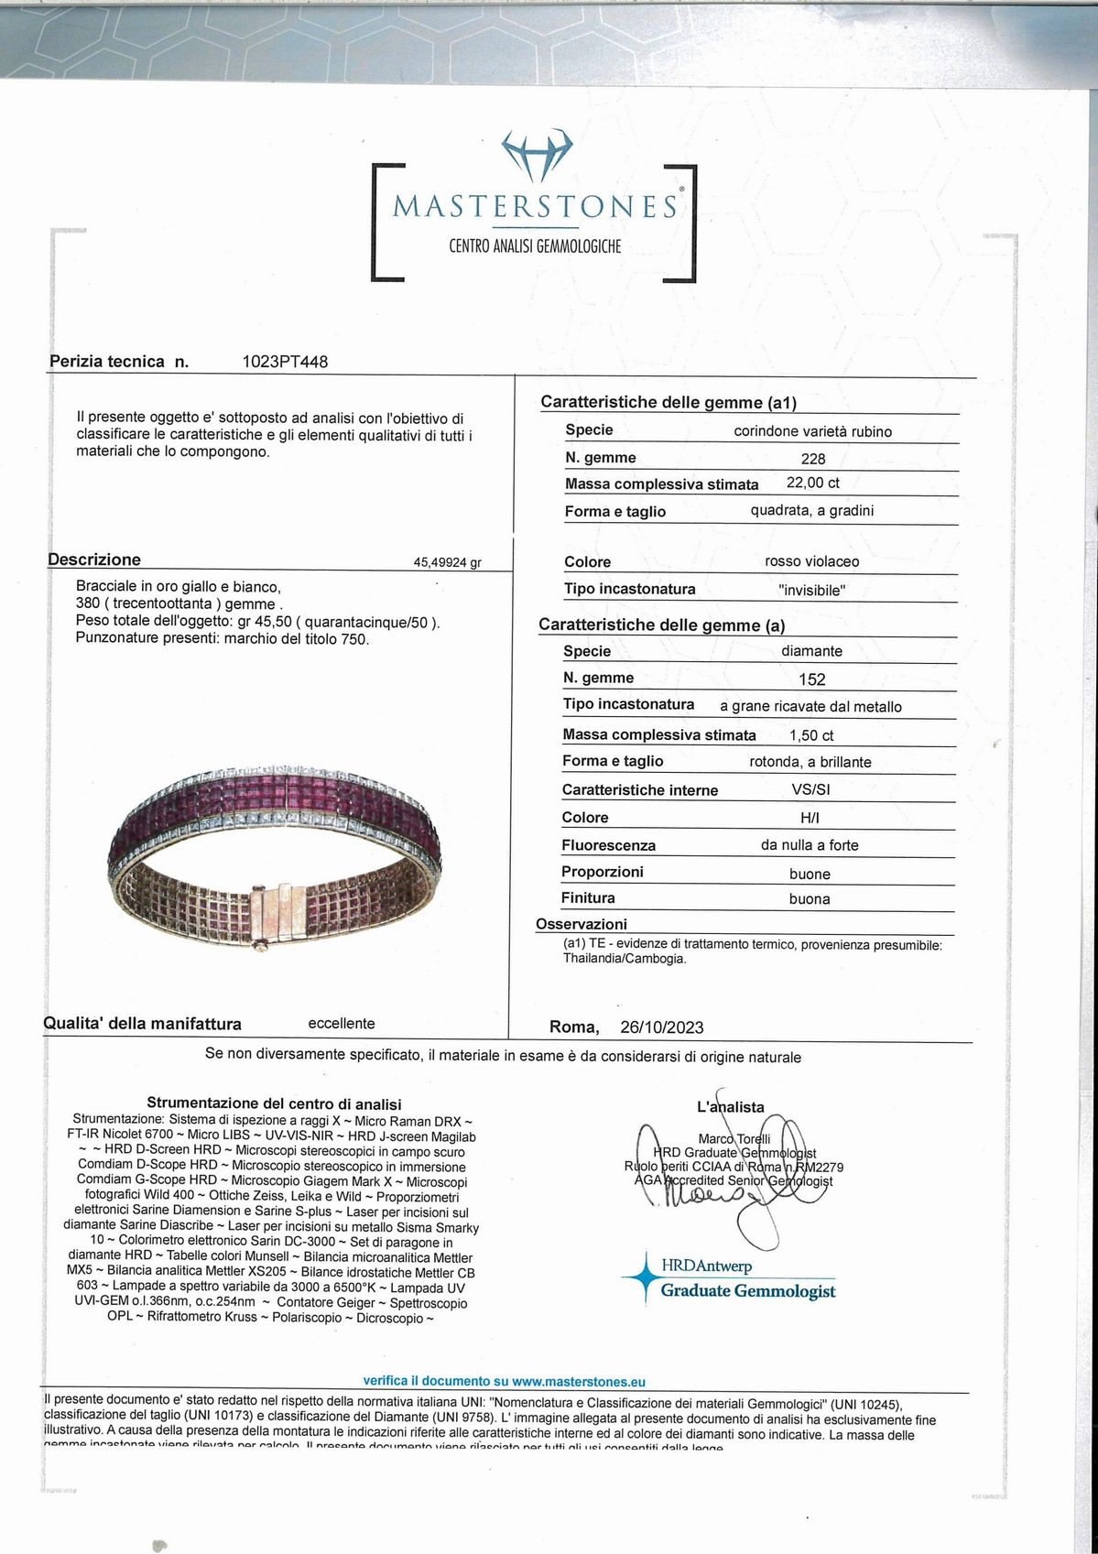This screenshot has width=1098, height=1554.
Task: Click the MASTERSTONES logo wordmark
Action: point(535,205)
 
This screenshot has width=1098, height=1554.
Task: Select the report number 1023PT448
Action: point(285,362)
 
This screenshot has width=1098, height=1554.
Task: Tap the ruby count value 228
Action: point(813,459)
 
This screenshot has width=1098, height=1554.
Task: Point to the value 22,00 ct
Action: point(813,483)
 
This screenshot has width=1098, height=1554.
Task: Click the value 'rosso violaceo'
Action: point(812,561)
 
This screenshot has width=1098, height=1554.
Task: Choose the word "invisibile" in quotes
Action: point(812,591)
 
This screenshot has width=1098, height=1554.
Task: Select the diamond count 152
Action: point(812,679)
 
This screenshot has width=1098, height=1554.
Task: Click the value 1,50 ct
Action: point(812,735)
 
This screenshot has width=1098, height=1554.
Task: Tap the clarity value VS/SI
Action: point(811,789)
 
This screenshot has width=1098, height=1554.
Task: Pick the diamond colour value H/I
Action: point(810,817)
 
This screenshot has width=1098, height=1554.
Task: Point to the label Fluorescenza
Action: point(608,845)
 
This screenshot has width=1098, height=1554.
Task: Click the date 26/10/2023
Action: point(662,1027)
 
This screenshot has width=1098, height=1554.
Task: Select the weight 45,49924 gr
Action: point(448,563)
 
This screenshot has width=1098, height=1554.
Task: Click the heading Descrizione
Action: point(94,560)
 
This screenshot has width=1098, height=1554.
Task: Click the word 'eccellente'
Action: point(342,1023)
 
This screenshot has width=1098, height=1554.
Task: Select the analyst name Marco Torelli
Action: point(734,1139)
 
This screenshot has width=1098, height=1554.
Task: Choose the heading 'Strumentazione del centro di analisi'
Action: point(274,1104)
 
